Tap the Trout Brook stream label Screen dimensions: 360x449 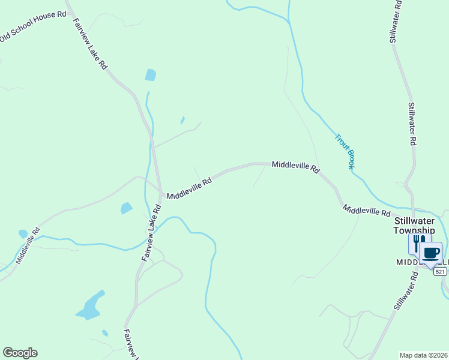tap(345, 151)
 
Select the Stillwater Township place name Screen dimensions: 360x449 tap(414, 225)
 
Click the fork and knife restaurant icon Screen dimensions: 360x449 tap(419, 242)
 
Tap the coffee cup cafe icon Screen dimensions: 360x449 tap(430, 251)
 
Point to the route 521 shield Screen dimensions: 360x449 tap(441, 272)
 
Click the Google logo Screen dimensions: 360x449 tap(20, 353)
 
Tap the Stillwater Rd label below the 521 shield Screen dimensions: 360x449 tap(406, 290)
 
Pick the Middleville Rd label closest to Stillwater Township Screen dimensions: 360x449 tap(367, 211)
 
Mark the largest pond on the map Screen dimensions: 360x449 tap(89, 307)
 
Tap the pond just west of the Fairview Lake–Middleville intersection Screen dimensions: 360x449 tap(126, 208)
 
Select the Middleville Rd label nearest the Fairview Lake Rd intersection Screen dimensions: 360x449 tap(189, 188)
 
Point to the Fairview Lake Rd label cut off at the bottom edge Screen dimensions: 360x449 tap(131, 344)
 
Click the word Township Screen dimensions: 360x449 tap(414, 230)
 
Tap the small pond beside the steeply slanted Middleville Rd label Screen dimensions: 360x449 tap(23, 234)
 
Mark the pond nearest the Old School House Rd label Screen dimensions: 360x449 tap(150, 75)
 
